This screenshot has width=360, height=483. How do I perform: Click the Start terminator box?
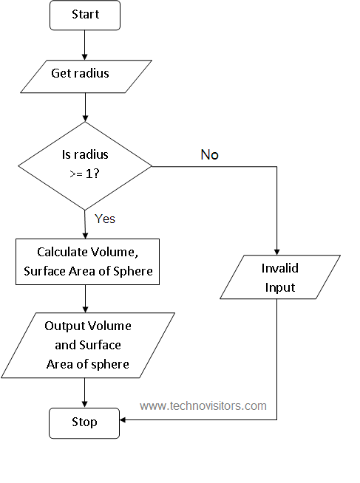pos(86,15)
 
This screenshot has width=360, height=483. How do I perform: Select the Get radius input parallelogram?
pos(86,73)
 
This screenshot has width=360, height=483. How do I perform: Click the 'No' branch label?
pos(209,155)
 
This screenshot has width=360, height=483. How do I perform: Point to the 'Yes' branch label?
pos(105,219)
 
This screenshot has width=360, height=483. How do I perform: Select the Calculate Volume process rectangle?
pos(87,261)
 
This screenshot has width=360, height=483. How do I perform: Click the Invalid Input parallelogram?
pos(280,277)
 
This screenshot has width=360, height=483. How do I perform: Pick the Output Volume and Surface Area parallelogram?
pos(87,345)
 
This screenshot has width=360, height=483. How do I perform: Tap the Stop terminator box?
pos(84,422)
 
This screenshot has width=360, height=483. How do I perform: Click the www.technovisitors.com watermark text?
pos(203,405)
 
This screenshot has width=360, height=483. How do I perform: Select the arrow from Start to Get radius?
pos(86,44)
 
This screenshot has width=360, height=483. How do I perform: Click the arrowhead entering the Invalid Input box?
pos(276,250)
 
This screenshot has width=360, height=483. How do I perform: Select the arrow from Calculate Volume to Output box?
pos(86,298)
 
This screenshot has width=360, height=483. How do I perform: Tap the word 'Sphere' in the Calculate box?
pos(135,271)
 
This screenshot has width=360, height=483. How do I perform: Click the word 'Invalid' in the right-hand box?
pos(280,267)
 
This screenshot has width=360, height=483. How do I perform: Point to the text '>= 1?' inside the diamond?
pos(85,175)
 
